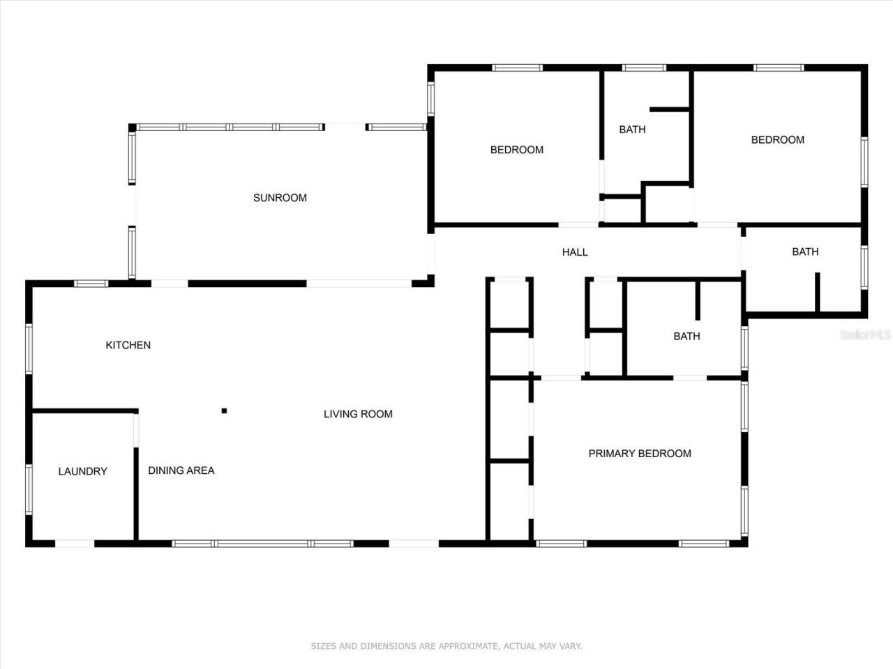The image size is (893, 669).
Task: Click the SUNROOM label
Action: point(280,198)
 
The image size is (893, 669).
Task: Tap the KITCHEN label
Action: point(128,345)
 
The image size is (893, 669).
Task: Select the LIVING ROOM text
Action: point(358,414)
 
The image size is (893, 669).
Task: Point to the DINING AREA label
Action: point(181,470)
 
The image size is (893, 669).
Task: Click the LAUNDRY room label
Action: point(82,472)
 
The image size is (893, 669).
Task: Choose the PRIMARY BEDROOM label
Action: point(640,454)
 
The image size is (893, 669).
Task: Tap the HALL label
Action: point(575,252)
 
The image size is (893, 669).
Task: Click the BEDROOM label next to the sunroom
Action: point(516,150)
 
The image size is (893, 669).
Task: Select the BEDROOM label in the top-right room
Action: point(777,140)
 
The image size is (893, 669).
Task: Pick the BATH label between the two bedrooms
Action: point(632,130)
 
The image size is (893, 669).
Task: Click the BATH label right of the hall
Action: point(805,252)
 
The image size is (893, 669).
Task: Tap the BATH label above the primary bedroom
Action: point(686,337)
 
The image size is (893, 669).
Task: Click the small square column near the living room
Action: point(224,410)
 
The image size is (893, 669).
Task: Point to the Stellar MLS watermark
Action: point(865,334)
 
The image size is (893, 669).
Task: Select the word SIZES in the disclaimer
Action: point(324,646)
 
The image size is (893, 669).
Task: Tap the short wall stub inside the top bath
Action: point(670,109)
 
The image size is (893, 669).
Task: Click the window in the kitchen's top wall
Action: point(91,284)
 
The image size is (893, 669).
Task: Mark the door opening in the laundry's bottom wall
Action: point(75,543)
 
